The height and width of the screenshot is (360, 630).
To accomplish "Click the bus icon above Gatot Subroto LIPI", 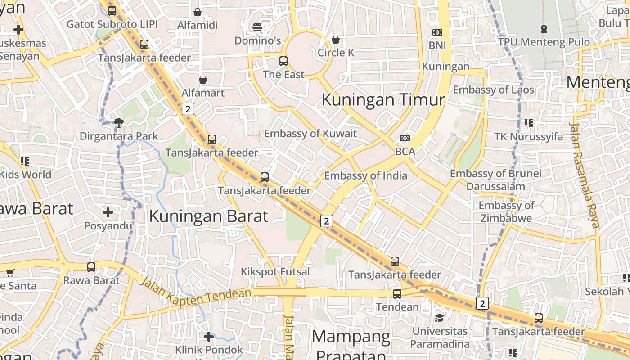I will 112,10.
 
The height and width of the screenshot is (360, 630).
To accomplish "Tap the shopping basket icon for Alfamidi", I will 197,12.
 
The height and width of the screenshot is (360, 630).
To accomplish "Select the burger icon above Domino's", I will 257,27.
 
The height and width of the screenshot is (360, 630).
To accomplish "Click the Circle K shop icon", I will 336,40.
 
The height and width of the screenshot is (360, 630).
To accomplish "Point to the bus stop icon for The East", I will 283,61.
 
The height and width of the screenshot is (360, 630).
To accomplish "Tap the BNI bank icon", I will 437,32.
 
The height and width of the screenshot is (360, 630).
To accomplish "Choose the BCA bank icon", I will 405,138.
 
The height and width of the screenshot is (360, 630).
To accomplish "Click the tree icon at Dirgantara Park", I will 119,122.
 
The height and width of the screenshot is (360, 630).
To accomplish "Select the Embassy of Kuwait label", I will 310,134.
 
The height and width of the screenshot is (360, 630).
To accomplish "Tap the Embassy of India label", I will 365,176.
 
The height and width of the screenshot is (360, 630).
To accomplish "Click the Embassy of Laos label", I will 493,90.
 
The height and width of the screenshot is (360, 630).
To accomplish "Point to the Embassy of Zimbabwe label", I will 506,212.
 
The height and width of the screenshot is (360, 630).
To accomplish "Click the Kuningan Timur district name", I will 383,99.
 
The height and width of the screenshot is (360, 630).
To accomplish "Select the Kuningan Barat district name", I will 208,216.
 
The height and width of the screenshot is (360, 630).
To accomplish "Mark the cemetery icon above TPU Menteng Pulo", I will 544,29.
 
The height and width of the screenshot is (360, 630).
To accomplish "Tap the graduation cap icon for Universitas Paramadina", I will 439,318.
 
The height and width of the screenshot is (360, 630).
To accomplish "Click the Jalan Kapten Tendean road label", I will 195,293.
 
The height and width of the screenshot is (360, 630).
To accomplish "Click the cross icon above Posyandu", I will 108,212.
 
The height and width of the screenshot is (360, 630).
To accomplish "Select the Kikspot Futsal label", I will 275,272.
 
